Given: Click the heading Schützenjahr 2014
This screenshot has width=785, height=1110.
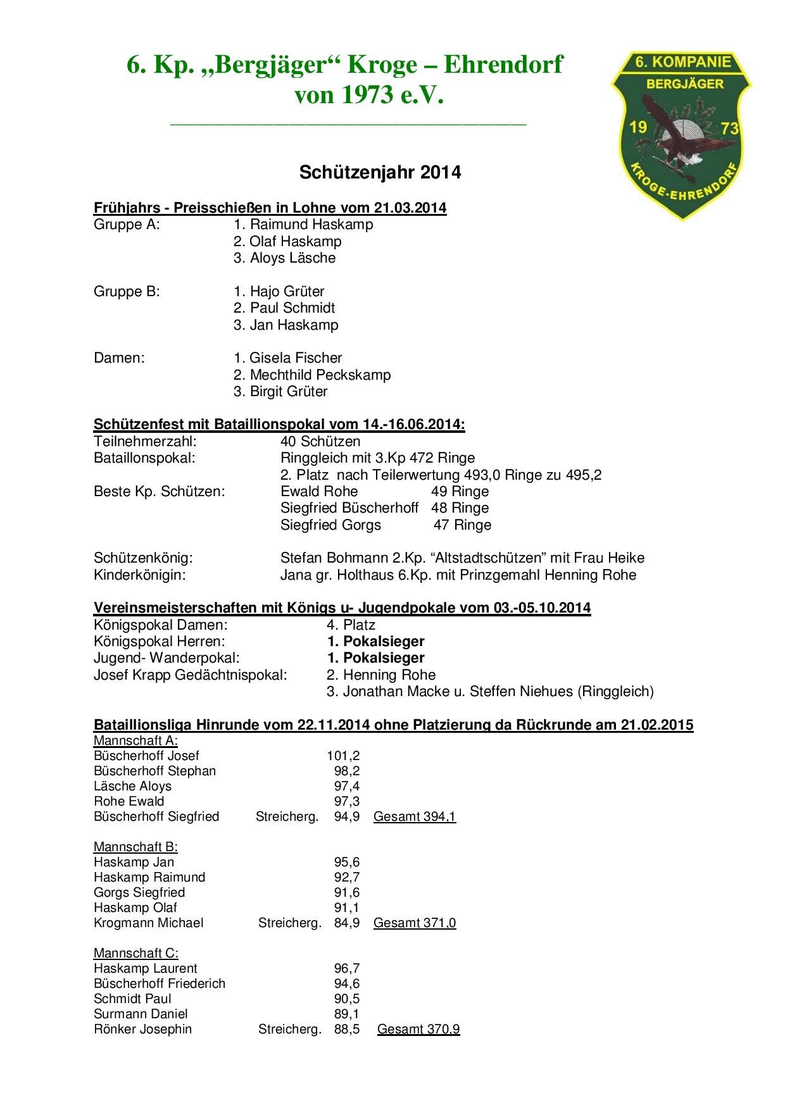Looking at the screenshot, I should pyautogui.click(x=380, y=172).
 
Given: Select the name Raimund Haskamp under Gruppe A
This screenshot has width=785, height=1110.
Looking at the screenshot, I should pyautogui.click(x=303, y=225).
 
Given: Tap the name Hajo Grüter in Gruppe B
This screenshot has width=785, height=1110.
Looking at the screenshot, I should pyautogui.click(x=279, y=292).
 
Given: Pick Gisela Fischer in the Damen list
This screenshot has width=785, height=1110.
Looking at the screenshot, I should pyautogui.click(x=288, y=358).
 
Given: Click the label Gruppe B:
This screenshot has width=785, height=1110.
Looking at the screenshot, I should pyautogui.click(x=127, y=292).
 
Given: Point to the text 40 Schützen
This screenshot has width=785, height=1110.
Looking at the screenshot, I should pyautogui.click(x=320, y=442).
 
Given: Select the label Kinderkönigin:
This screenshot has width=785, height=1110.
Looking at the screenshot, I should pyautogui.click(x=140, y=575).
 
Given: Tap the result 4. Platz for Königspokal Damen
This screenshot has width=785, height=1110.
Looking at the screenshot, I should pyautogui.click(x=351, y=625).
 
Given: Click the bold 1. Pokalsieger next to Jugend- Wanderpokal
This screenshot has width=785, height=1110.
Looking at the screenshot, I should pyautogui.click(x=375, y=658).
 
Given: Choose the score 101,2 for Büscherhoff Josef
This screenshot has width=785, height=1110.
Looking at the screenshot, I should pyautogui.click(x=343, y=756).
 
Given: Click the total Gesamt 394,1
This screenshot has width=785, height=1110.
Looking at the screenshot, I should pyautogui.click(x=415, y=816).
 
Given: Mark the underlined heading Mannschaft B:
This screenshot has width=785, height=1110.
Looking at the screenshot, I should pyautogui.click(x=135, y=847).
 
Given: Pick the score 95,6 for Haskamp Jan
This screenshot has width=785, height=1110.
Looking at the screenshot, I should pyautogui.click(x=347, y=862).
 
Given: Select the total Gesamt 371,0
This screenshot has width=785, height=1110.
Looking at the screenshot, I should pyautogui.click(x=415, y=923).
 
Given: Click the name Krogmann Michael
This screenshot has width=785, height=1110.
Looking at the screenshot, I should pyautogui.click(x=149, y=923).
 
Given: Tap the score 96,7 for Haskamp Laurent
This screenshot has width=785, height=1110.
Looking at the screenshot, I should pyautogui.click(x=347, y=968).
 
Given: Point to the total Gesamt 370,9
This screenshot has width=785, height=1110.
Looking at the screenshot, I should pyautogui.click(x=418, y=1029).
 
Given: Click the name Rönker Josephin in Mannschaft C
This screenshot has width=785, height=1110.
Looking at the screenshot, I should pyautogui.click(x=142, y=1029).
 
